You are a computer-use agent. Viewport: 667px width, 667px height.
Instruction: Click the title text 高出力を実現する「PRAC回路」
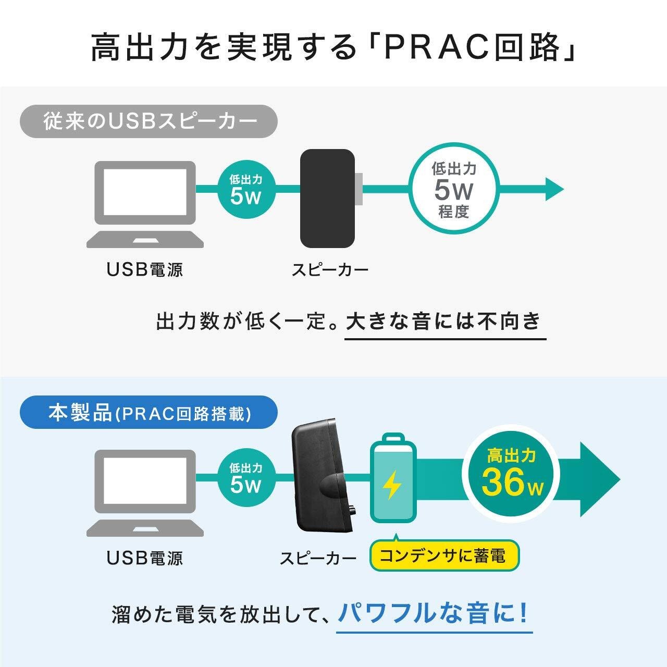[x=333, y=48]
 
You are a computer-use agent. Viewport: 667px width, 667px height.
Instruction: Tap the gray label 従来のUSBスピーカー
[x=149, y=121]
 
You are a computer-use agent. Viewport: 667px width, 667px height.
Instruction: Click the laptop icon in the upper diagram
[x=144, y=204]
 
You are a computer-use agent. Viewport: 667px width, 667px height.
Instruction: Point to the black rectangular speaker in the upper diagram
[x=327, y=198]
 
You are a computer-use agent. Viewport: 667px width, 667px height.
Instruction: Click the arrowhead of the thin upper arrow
[x=553, y=189]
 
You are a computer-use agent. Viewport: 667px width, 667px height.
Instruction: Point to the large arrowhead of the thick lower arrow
[x=599, y=479]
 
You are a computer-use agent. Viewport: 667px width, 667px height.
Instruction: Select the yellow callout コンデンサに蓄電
[x=445, y=555]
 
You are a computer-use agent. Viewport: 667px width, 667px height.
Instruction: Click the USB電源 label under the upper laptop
[x=145, y=269]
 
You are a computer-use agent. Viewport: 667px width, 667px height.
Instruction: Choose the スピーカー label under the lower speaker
[x=318, y=558]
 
